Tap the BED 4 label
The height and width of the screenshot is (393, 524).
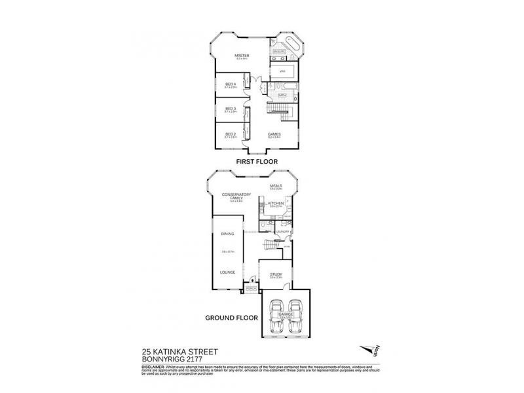point(231,84)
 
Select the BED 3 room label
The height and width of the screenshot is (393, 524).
point(231,109)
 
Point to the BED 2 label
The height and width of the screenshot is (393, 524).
point(231,134)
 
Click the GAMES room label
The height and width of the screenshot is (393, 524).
point(274,134)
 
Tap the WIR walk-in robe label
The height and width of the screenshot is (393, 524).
point(282,70)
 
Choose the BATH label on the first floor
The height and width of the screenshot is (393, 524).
point(282,96)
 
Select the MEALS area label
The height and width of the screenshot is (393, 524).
point(276,185)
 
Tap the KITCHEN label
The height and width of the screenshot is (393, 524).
point(276,204)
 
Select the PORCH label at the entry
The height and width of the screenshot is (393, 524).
point(251,288)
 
